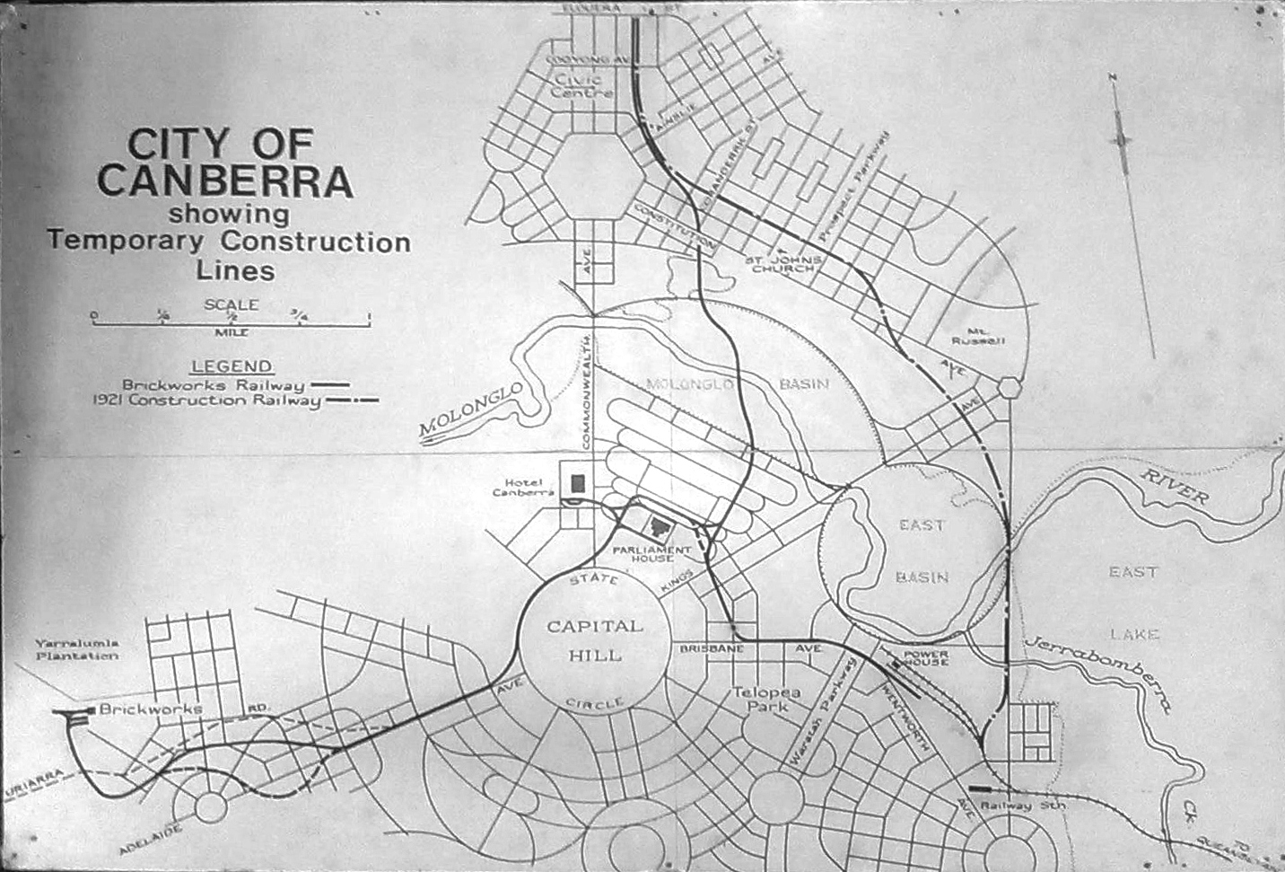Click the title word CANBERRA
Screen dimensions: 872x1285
click(224, 181)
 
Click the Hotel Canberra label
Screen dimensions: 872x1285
click(525, 487)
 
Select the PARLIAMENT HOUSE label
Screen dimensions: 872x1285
click(652, 553)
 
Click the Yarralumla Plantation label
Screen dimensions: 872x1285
click(77, 649)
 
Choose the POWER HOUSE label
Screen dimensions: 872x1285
click(925, 658)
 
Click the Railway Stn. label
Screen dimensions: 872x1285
click(1022, 806)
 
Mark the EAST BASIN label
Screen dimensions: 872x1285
click(922, 551)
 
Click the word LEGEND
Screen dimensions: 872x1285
click(232, 366)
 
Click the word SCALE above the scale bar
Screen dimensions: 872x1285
click(231, 304)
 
